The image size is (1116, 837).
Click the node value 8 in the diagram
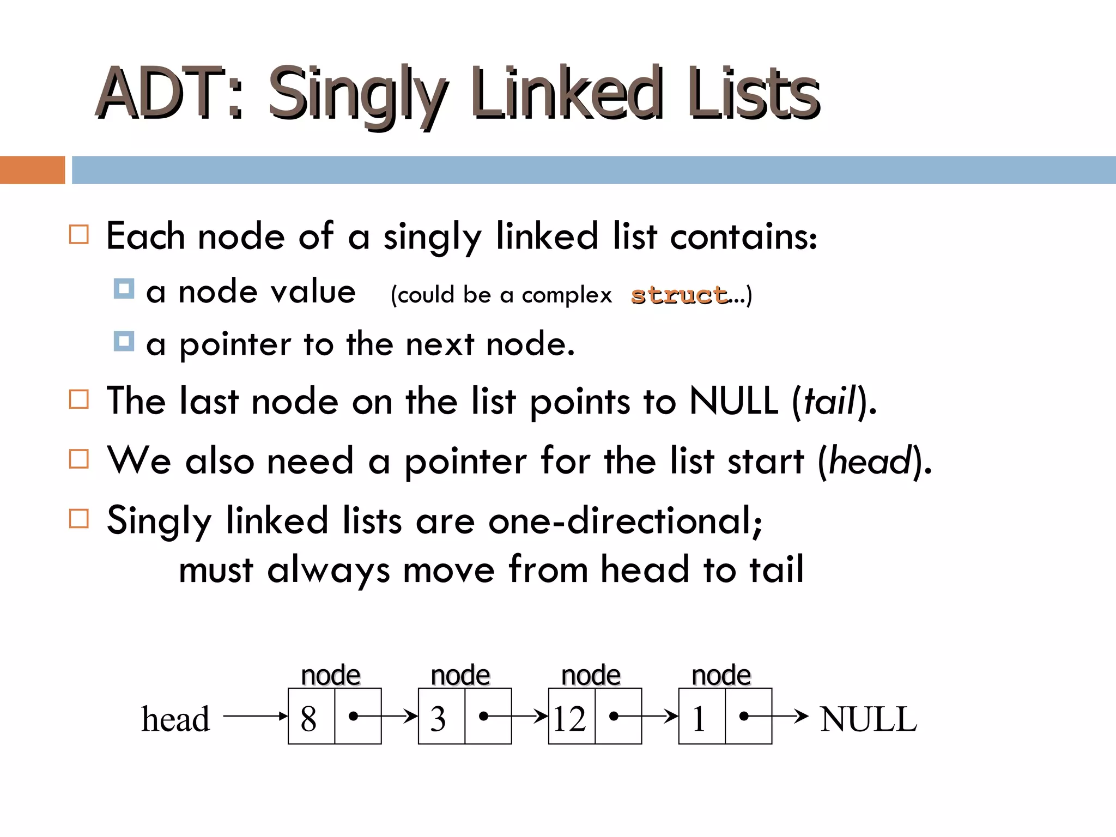[308, 718]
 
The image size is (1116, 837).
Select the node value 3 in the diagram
[438, 718]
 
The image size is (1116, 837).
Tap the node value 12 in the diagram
[569, 718]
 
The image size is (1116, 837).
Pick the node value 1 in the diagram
[699, 718]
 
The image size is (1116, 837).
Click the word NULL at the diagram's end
[869, 719]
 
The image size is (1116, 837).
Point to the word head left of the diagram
[175, 719]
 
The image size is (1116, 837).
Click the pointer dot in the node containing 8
[353, 716]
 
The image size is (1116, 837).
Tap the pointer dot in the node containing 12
[614, 716]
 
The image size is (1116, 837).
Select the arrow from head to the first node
[255, 716]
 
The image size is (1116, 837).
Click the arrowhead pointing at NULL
[802, 716]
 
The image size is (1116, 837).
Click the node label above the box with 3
[460, 676]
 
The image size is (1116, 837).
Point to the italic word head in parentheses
[870, 461]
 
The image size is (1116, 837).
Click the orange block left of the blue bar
[32, 170]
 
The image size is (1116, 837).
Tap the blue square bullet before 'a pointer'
[124, 342]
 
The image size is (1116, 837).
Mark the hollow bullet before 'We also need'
[79, 459]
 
